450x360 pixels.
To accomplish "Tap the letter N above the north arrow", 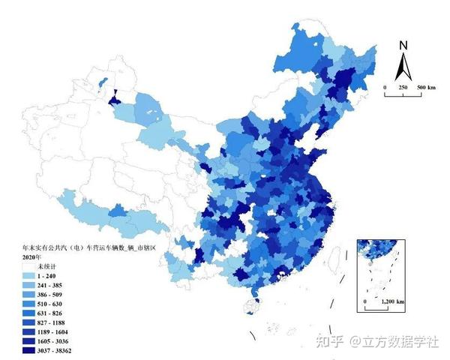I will point(403,45).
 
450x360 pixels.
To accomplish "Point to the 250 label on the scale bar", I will point(403,88).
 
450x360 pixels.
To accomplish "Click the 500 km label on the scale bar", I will point(426,88).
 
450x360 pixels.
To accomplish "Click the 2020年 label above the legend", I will point(33,257).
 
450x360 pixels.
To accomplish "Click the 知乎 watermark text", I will point(328,342).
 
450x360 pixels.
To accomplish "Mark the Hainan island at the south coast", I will point(253,305).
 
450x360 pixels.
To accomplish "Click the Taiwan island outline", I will point(334,259).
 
